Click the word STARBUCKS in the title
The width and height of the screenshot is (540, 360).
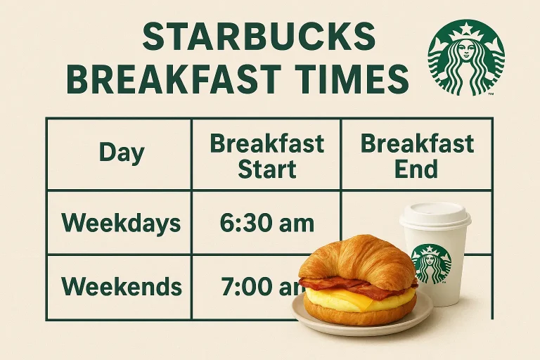pyautogui.click(x=258, y=37)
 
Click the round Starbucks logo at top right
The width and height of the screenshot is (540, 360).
pyautogui.click(x=465, y=58)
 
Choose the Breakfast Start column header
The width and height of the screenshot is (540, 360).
pyautogui.click(x=267, y=155)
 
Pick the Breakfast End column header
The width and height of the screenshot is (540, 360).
pyautogui.click(x=417, y=155)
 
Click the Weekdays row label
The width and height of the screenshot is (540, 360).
pyautogui.click(x=121, y=224)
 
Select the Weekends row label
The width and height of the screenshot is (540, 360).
pyautogui.click(x=122, y=287)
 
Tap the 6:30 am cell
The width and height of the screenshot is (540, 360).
pyautogui.click(x=266, y=224)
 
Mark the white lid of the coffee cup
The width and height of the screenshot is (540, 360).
pyautogui.click(x=435, y=216)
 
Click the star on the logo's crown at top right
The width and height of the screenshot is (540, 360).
pyautogui.click(x=465, y=30)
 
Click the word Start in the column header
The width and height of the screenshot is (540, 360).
pyautogui.click(x=267, y=169)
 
